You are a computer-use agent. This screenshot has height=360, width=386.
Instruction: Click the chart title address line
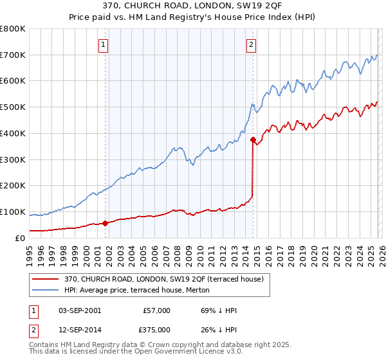tap(193, 6)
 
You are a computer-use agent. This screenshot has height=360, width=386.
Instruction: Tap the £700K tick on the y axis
tap(13, 55)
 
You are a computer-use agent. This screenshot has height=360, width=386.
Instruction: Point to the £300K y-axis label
tap(13, 159)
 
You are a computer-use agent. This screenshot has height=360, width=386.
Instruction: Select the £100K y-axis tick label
tap(13, 212)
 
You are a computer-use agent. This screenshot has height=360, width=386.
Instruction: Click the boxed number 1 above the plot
tap(104, 44)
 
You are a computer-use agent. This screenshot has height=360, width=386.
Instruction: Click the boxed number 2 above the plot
tap(251, 44)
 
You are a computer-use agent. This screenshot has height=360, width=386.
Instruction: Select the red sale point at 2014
tap(253, 139)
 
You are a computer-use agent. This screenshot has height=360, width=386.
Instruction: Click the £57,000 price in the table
tap(156, 310)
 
